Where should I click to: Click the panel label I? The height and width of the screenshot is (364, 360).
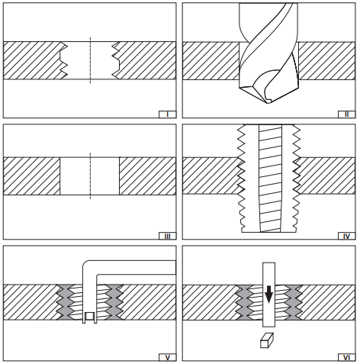[167, 114]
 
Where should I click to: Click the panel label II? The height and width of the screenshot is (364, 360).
[346, 114]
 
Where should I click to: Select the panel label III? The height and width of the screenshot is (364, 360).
[167, 237]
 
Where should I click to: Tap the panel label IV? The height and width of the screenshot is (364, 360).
[346, 237]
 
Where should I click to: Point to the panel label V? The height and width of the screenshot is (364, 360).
[167, 357]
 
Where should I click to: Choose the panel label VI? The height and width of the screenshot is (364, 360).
[346, 357]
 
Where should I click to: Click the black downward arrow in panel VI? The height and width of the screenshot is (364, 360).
[268, 295]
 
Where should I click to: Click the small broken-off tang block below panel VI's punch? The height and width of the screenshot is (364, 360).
[267, 340]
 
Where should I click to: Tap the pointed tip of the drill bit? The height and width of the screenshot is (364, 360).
[268, 103]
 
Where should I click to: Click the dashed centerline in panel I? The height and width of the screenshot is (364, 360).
[90, 60]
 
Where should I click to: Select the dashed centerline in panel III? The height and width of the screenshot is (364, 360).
[90, 176]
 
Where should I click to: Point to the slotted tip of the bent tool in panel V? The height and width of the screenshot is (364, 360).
[90, 317]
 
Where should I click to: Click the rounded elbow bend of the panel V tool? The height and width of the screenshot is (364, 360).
[86, 265]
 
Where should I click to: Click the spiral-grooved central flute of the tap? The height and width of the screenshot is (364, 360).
[271, 178]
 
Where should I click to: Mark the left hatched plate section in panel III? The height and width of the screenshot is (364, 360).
[32, 176]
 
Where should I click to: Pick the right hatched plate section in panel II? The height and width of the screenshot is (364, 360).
[326, 61]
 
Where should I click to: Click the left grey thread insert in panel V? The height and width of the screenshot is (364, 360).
[64, 302]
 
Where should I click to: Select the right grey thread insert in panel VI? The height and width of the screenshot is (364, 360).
[294, 302]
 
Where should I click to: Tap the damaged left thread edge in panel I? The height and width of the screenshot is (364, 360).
[64, 60]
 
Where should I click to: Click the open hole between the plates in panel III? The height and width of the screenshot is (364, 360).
[90, 176]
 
